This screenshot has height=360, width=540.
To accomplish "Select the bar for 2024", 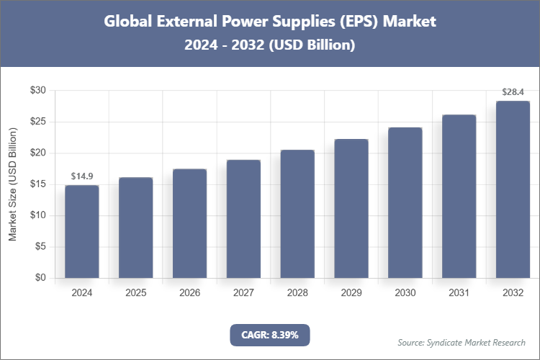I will point(82,232).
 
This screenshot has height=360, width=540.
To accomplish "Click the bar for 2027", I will point(243,219).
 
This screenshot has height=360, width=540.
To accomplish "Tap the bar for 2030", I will point(405,203).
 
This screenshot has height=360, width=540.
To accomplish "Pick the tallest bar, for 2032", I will point(513,189).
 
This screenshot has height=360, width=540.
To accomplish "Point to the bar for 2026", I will point(189,223).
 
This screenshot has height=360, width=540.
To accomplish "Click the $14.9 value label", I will point(82,176).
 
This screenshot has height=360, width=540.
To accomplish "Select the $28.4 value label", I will point(513,91).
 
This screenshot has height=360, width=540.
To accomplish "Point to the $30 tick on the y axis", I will point(38,91).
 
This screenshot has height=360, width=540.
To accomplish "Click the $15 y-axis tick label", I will point(38,184).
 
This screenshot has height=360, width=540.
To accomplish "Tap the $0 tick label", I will point(41,278).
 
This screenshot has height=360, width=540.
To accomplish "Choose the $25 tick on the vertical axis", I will point(38,122).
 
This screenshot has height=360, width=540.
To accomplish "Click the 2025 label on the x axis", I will point(136,293).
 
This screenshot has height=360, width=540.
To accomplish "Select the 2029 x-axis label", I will point(351,293).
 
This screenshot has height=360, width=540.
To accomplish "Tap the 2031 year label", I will point(459,293).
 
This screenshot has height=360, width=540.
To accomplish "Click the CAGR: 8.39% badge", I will point(269,335).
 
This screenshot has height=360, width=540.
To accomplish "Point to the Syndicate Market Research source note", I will point(461,342).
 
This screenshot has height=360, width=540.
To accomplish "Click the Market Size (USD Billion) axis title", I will point(12,184).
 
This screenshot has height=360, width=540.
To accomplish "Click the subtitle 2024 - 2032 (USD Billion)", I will point(269,45).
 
